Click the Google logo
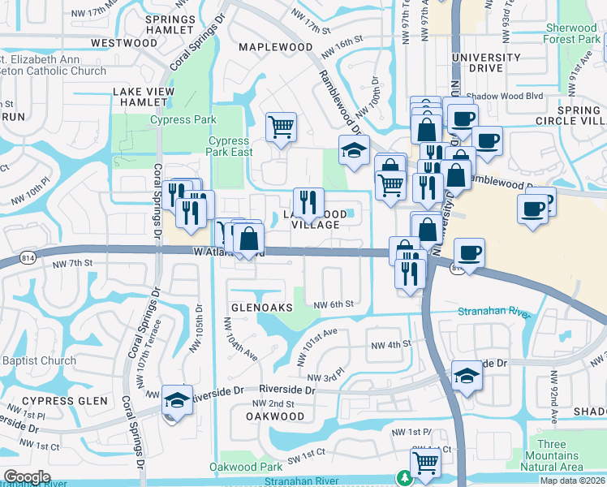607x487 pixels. pyautogui.click(x=27, y=476)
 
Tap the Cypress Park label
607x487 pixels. pyautogui.click(x=183, y=120)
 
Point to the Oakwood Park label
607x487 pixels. pyautogui.click(x=246, y=467)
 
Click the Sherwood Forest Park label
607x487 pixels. pyautogui.click(x=572, y=33)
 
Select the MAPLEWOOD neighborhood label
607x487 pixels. pyautogui.click(x=275, y=47)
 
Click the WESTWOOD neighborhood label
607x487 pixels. pyautogui.click(x=124, y=42)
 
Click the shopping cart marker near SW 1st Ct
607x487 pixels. pyautogui.click(x=425, y=463)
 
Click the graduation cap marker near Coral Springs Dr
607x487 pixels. pyautogui.click(x=176, y=400)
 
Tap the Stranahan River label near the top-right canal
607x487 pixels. pyautogui.click(x=493, y=312)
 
